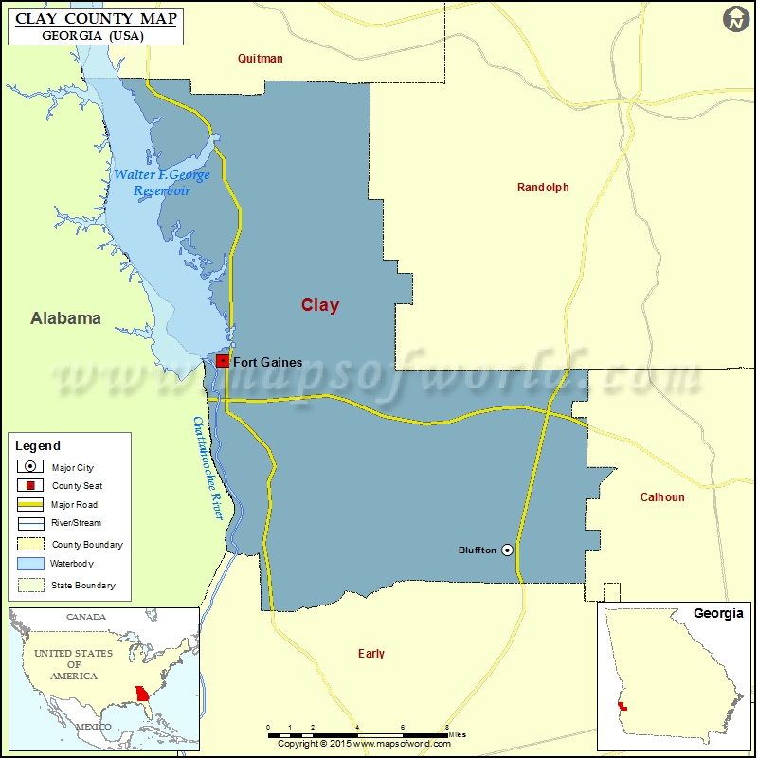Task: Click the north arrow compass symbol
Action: pos(736,19)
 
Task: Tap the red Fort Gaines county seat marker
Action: pos(222,361)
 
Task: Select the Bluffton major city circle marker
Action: pos(507,550)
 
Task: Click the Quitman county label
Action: pos(261,59)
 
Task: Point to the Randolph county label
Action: pos(543,188)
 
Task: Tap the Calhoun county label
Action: pos(662,496)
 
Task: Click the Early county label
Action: pos(371,654)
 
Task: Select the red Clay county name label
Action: pos(320,305)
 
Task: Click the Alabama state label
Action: pos(65,318)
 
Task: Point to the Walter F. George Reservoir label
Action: pos(162,183)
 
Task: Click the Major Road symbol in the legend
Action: pos(30,505)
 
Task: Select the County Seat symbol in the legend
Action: pos(30,486)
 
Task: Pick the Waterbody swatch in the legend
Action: pos(30,564)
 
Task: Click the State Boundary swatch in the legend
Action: pos(30,586)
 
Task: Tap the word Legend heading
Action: pos(38,445)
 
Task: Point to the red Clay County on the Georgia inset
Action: pos(619,705)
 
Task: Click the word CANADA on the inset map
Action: pos(86,617)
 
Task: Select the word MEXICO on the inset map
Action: pos(94,727)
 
